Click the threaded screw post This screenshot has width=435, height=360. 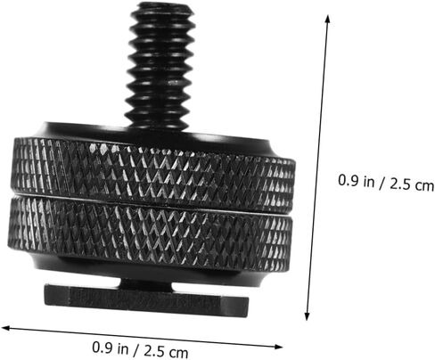pyautogui.click(x=160, y=65)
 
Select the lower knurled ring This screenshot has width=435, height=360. pyautogui.click(x=150, y=234)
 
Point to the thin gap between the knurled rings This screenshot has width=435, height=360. pyautogui.click(x=152, y=204)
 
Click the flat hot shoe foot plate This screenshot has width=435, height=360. pyautogui.click(x=146, y=300)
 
